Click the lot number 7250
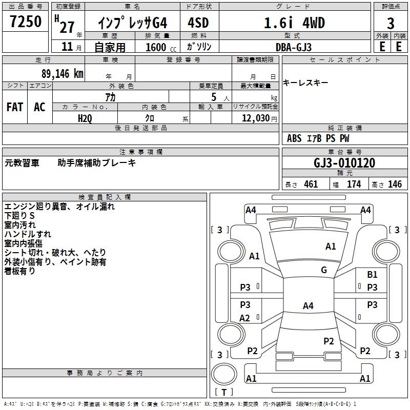[26, 22]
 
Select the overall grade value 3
[391, 23]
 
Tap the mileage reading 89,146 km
[63, 74]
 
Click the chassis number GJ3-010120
[344, 163]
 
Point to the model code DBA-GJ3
[294, 47]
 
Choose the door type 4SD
[198, 23]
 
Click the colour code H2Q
[85, 118]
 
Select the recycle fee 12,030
[255, 118]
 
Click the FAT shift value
[15, 107]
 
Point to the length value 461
[311, 184]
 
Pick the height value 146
[395, 184]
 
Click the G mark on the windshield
[324, 270]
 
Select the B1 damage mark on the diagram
[373, 275]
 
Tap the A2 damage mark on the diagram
[244, 318]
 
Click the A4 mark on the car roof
[308, 305]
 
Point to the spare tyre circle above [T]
[224, 374]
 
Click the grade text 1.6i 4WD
[294, 23]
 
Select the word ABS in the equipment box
[294, 138]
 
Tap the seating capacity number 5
[214, 97]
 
